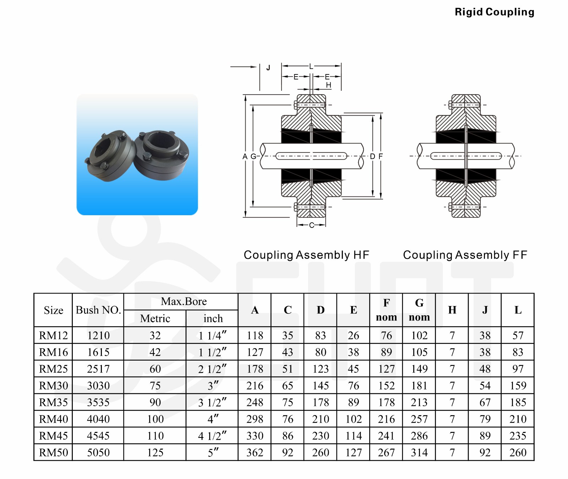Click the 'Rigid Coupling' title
coord(494,12)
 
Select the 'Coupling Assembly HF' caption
coord(306,255)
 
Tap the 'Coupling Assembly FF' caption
coord(465,255)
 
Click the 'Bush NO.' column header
coord(98,310)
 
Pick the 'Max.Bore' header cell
coord(184,302)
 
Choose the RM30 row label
coord(53,386)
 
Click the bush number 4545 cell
coord(98,436)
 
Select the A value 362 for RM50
coord(255,453)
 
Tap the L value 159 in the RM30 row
coord(518,386)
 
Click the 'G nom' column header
coord(419,310)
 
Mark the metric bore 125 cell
coord(155,453)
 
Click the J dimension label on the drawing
coord(268,68)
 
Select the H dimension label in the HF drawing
coord(328,85)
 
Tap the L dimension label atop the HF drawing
coord(311,67)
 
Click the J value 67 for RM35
coord(485,402)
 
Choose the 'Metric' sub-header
coord(155,318)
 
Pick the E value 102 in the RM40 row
coord(354,419)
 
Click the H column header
coord(452,310)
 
